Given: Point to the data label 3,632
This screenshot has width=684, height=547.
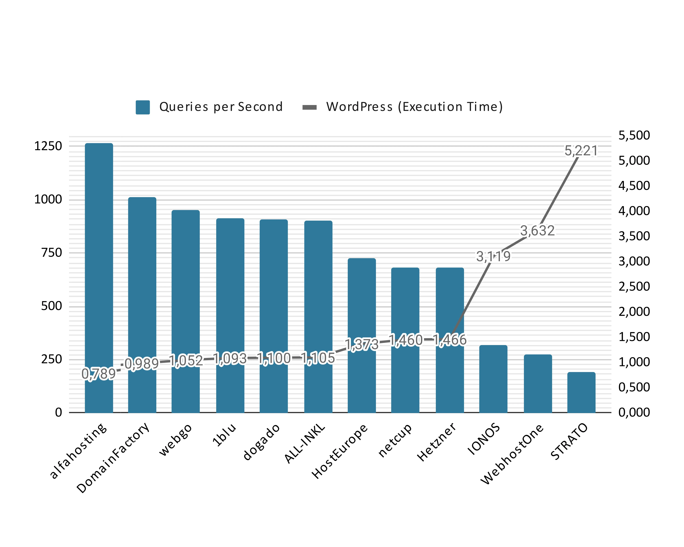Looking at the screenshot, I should [x=537, y=231].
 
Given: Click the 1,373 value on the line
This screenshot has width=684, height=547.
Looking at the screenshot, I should [x=362, y=344].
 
